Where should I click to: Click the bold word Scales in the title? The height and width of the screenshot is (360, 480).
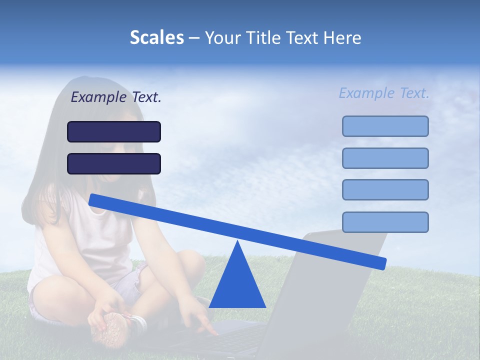157,37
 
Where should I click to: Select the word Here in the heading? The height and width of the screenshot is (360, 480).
343,37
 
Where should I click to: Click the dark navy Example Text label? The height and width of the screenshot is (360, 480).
116,97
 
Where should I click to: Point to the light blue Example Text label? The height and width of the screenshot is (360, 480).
384,93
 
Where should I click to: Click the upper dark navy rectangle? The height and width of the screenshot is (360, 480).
114,131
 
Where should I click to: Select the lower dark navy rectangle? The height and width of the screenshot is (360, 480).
114,163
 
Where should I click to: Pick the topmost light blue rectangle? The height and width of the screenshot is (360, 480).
385,126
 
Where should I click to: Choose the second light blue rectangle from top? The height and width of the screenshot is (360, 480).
385,158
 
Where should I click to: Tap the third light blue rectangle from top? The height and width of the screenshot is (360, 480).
385,189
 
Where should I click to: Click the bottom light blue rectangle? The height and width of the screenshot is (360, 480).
385,222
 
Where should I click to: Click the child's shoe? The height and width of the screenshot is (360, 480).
112,327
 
